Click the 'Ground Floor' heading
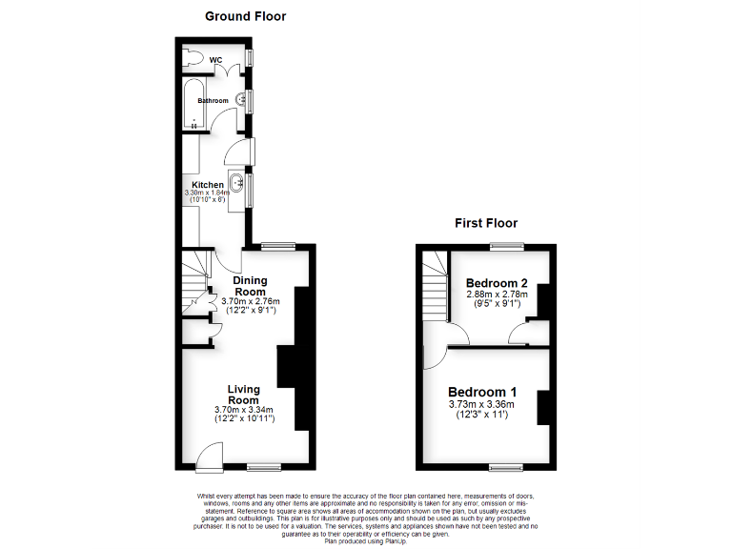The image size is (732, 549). click(245, 16)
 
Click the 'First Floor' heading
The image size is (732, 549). click(485, 223)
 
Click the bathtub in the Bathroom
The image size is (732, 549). click(192, 108)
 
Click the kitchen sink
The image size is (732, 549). click(236, 180)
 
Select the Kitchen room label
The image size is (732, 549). click(208, 185)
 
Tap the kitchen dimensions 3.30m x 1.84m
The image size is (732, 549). click(208, 193)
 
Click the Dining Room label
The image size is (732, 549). click(250, 286)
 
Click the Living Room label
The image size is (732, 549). click(244, 394)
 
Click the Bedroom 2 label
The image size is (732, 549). click(497, 283)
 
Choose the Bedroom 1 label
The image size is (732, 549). click(482, 392)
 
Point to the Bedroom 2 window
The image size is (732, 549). click(506, 247)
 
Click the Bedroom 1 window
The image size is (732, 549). click(506, 467)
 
